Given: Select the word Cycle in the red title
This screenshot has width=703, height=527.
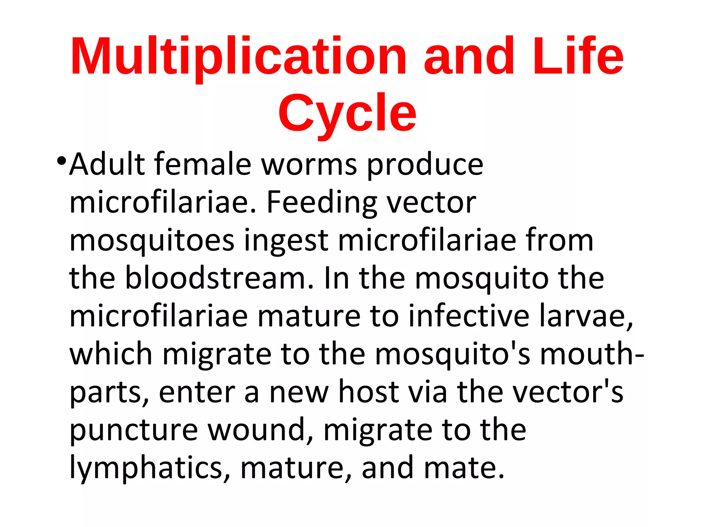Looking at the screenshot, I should pyautogui.click(x=347, y=113).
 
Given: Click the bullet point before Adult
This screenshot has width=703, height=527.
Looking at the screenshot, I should pyautogui.click(x=61, y=160).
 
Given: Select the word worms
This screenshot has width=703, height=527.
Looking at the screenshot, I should pyautogui.click(x=309, y=165).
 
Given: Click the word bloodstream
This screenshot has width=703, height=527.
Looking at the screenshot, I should pyautogui.click(x=219, y=279).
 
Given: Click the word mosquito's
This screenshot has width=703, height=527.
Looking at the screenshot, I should pyautogui.click(x=452, y=354).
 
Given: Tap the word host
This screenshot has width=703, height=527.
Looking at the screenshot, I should pyautogui.click(x=369, y=392).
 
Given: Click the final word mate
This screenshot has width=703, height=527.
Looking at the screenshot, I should pyautogui.click(x=464, y=468).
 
